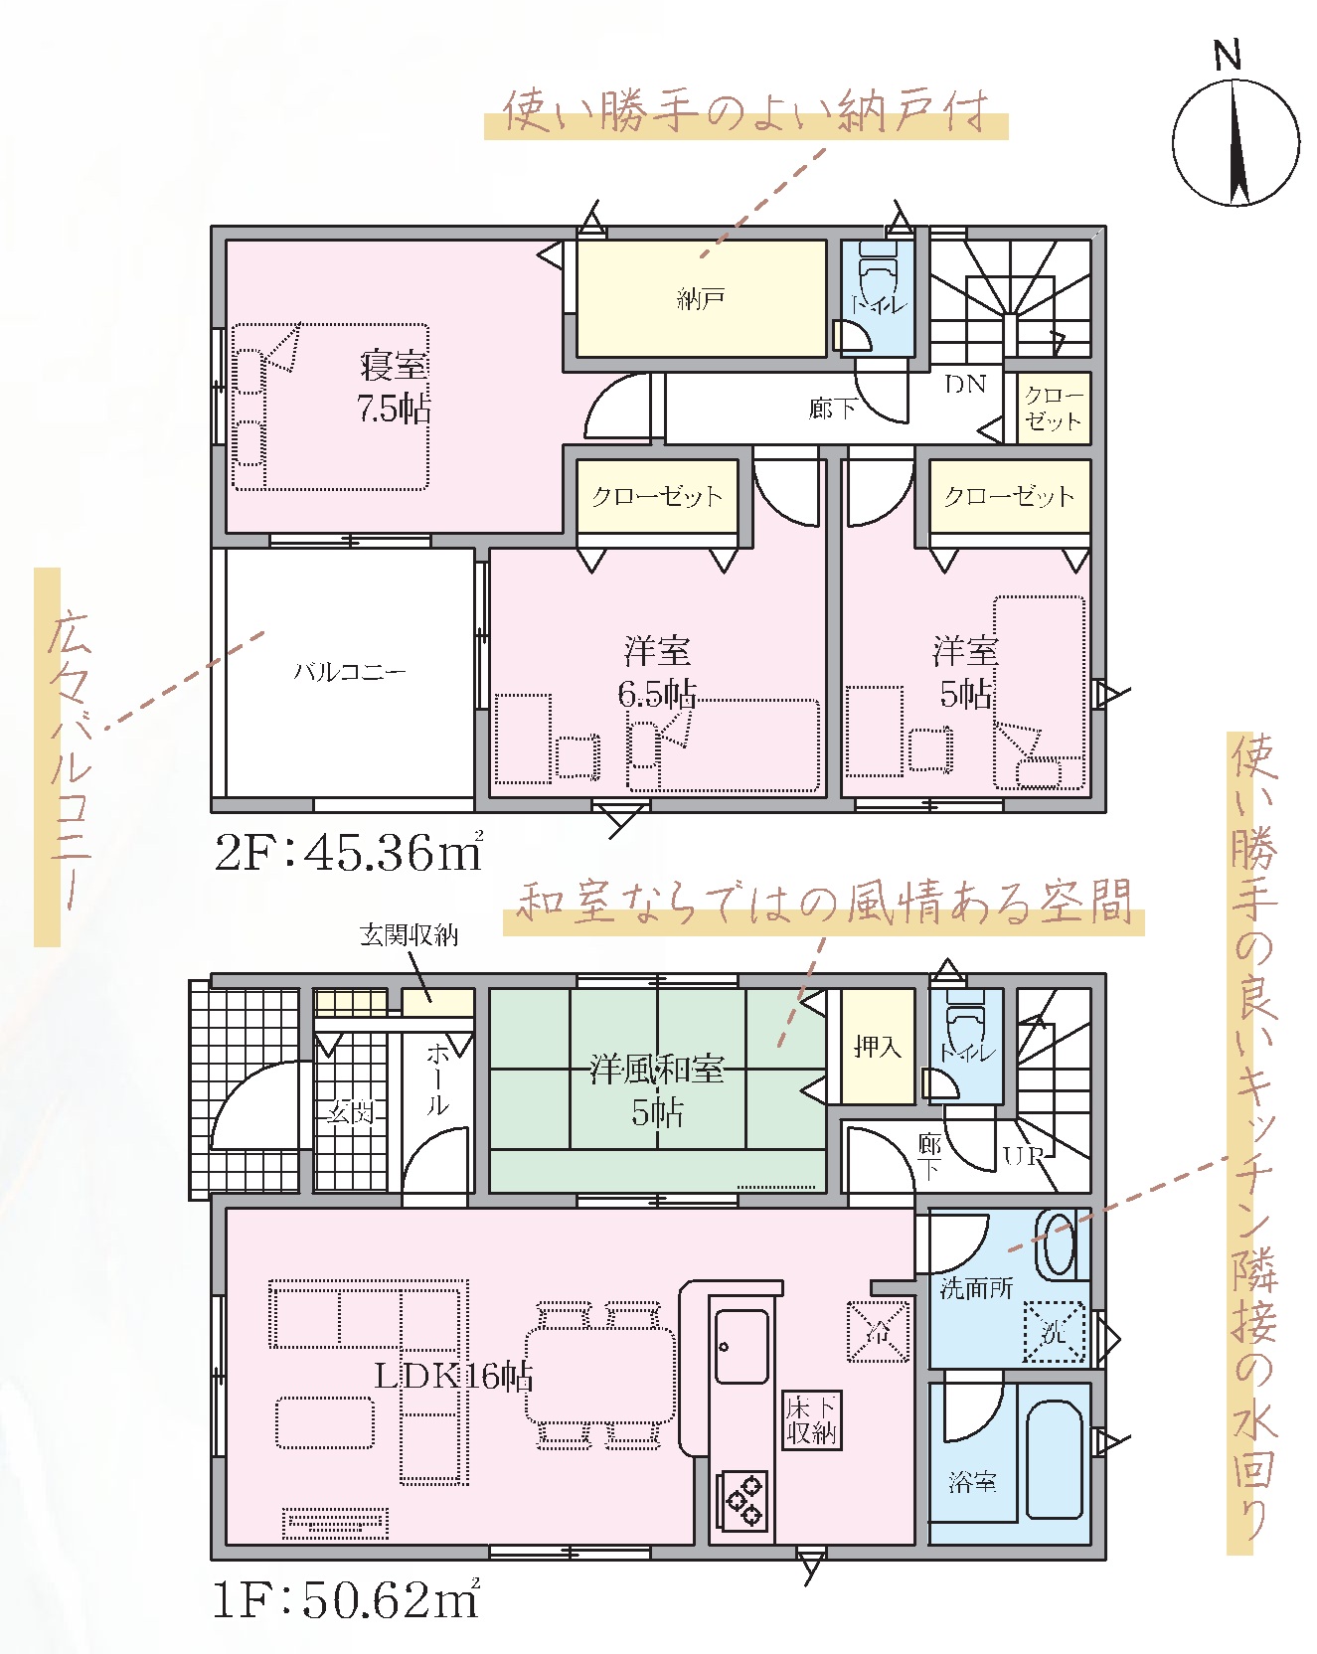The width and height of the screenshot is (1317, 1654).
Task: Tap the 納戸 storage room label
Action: pyautogui.click(x=701, y=298)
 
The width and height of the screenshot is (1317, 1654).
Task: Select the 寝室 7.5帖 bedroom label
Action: pyautogui.click(x=395, y=387)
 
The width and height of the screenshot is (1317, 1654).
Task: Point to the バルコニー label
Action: pyautogui.click(x=350, y=672)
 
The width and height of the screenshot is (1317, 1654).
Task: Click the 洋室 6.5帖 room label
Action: pyautogui.click(x=657, y=672)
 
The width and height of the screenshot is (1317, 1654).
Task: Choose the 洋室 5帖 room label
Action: pyautogui.click(x=965, y=672)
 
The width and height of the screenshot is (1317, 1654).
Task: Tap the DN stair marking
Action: pyautogui.click(x=965, y=384)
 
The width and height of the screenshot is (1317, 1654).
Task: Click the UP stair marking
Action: pyautogui.click(x=1024, y=1156)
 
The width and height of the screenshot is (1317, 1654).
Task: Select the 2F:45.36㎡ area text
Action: pyautogui.click(x=349, y=852)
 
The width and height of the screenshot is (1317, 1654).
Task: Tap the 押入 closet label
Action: pyautogui.click(x=877, y=1046)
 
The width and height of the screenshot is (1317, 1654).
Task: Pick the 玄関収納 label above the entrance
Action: pyautogui.click(x=409, y=934)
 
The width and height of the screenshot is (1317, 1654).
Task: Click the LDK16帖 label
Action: pyautogui.click(x=453, y=1376)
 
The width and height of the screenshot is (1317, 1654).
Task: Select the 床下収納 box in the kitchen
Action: pyautogui.click(x=812, y=1419)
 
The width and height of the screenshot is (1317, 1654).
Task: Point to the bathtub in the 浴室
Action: pyautogui.click(x=1054, y=1459)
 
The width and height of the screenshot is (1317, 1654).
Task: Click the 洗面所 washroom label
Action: pyautogui.click(x=976, y=1288)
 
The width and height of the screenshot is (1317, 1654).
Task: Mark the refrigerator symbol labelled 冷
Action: pyautogui.click(x=878, y=1331)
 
